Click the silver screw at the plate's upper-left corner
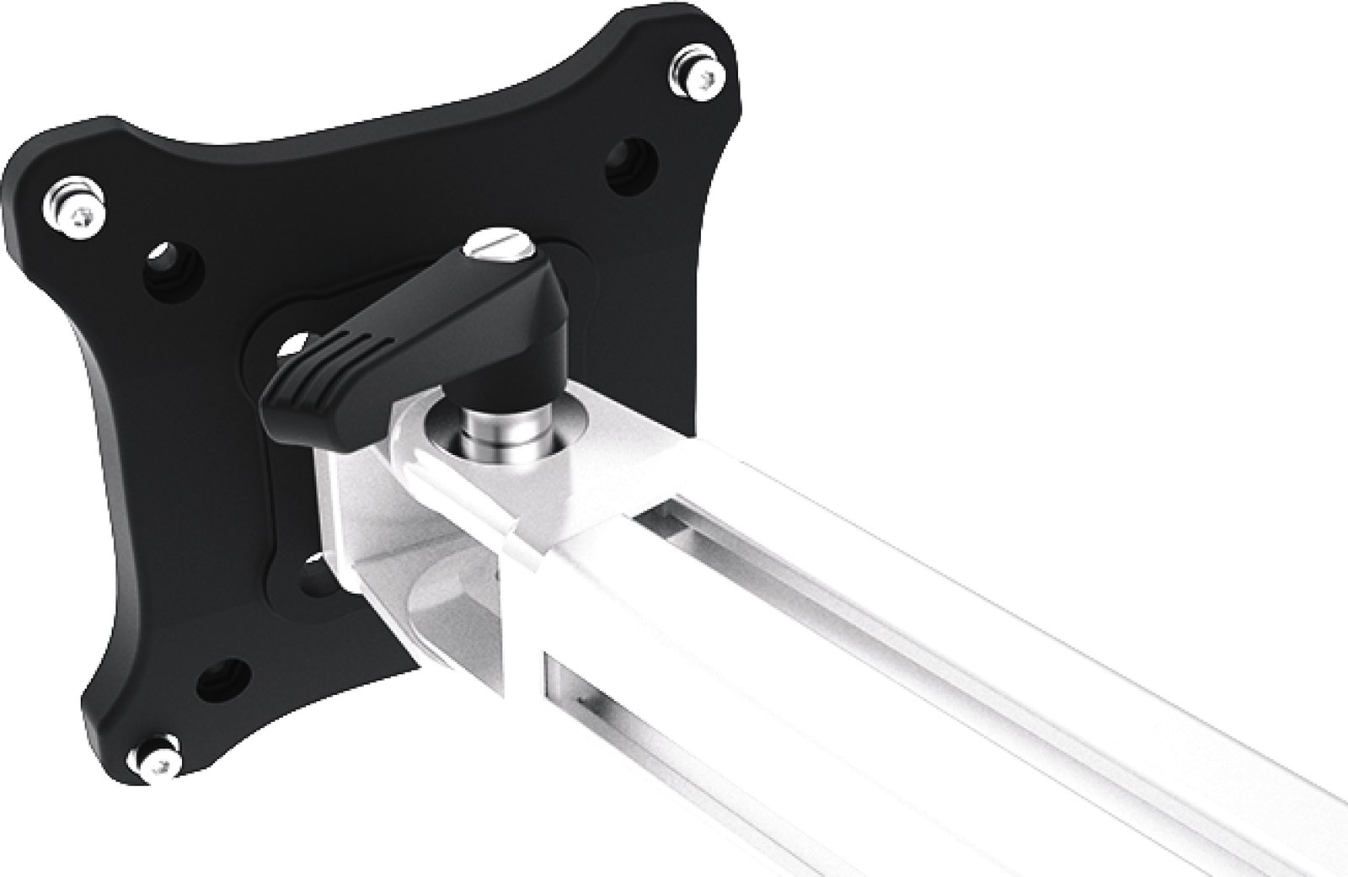(x=74, y=210)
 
